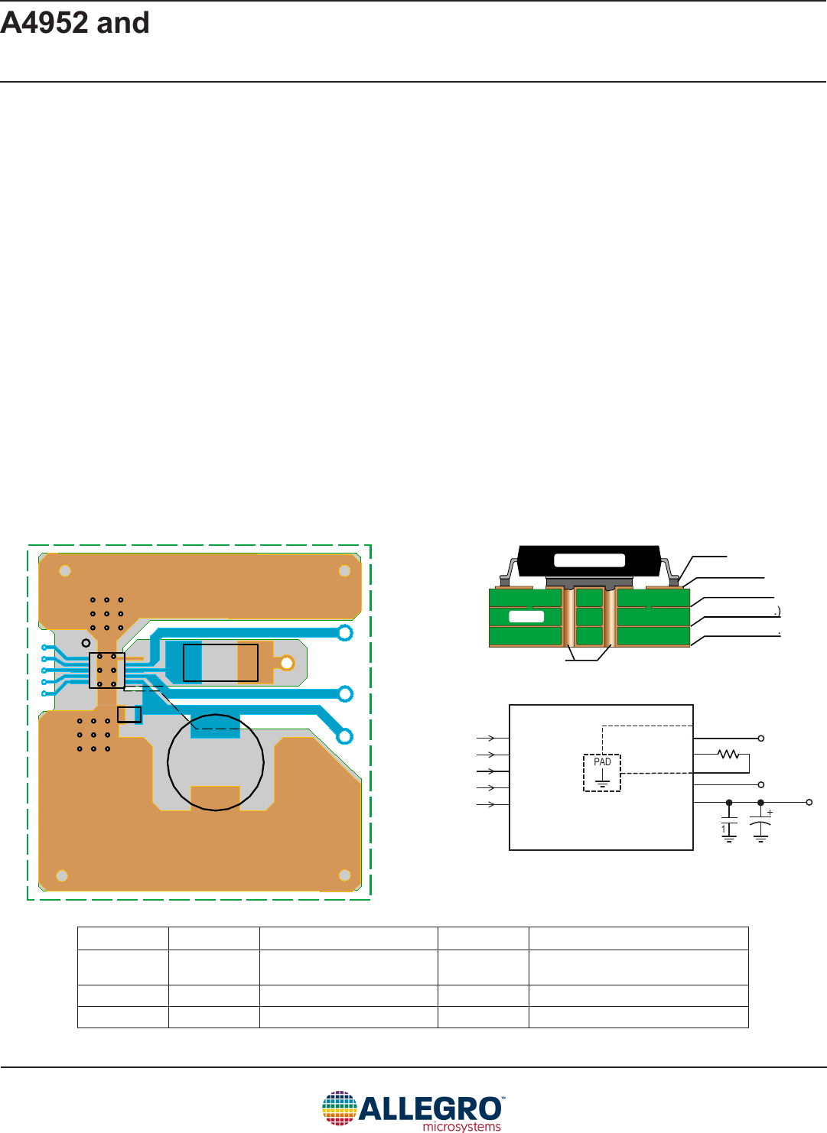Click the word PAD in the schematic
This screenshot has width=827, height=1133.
pos(602,761)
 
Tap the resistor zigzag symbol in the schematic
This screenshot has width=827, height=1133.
pos(728,754)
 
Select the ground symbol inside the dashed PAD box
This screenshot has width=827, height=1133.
pos(602,781)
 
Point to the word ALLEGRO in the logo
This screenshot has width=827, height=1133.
pos(430,1109)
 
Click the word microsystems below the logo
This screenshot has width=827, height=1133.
pos(461,1126)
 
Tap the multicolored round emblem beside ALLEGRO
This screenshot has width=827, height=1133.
pos(339,1108)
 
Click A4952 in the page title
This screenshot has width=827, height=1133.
pos(44,23)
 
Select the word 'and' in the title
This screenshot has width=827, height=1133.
pos(123,23)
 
